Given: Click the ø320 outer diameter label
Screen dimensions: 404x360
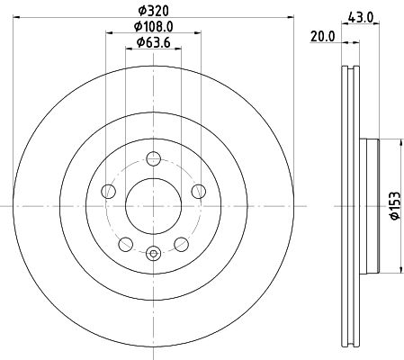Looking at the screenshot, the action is [153, 12].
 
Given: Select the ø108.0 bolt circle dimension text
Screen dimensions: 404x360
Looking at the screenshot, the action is [153, 27].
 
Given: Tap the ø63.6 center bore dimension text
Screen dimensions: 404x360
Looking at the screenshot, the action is [153, 42].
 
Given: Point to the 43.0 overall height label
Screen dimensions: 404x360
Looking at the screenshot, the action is [361, 17].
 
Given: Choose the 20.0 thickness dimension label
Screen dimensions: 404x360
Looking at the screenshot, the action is [322, 37].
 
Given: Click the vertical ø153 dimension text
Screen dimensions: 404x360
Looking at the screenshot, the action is [395, 206].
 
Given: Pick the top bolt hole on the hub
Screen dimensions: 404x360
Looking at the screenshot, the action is [153, 158].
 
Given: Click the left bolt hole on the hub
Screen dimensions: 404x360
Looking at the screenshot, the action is [108, 191].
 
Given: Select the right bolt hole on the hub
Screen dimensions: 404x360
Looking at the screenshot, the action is [199, 191].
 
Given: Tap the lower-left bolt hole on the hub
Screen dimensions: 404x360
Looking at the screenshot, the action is [126, 244].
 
